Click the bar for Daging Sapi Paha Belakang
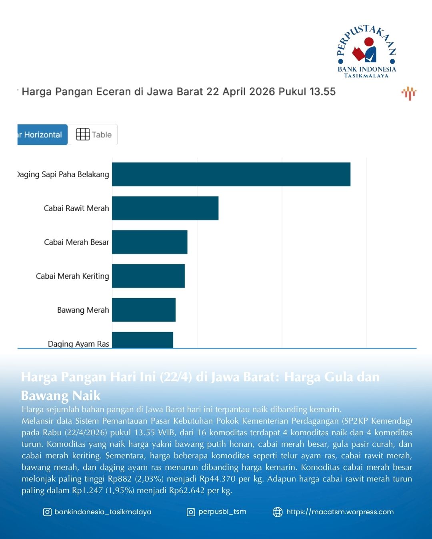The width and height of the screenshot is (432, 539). (x=231, y=174)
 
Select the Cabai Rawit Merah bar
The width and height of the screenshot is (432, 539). (x=165, y=208)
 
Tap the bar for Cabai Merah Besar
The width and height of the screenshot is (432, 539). (x=150, y=242)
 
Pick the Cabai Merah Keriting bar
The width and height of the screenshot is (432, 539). (x=148, y=276)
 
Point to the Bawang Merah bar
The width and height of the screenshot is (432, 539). (x=144, y=310)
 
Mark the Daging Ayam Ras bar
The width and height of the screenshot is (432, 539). (x=142, y=341)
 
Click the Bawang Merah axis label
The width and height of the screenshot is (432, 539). (x=83, y=310)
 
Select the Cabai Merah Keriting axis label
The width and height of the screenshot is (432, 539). (x=72, y=276)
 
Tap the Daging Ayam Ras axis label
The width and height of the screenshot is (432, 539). (x=78, y=344)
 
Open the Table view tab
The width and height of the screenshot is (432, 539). (x=94, y=135)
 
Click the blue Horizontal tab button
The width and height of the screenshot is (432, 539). (x=42, y=135)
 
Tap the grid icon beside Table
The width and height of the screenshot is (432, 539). (x=83, y=135)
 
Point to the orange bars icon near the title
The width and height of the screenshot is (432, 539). (x=409, y=93)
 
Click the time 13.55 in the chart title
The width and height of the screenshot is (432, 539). (x=322, y=92)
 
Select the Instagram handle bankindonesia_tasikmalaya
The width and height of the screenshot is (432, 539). (x=103, y=512)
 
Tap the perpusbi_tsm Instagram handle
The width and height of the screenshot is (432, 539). (x=222, y=512)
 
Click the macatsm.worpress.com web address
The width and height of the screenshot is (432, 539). (x=340, y=512)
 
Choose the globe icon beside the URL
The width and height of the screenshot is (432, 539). (x=278, y=512)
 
